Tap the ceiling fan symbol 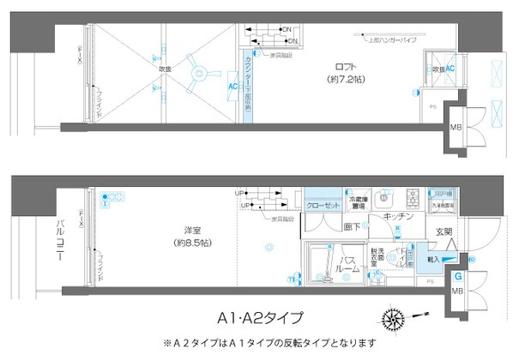click(190, 75)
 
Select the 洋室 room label click(192, 230)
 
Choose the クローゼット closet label click(323, 207)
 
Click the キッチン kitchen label click(400, 218)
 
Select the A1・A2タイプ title click(257, 318)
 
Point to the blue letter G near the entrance click(458, 277)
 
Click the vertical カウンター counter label click(246, 86)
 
